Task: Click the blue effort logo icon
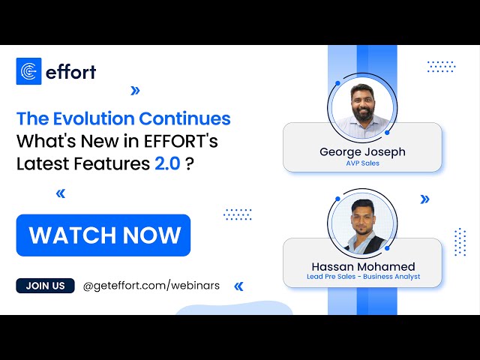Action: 29,71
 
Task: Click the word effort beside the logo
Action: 70,72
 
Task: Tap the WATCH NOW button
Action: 103,235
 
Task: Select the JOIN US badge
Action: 45,286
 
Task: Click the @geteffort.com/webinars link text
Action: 151,286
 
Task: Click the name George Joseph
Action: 362,151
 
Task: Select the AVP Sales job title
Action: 362,163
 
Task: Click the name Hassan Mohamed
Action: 363,266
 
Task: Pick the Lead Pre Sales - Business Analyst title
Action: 363,277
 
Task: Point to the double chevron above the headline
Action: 135,91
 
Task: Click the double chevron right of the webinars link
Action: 239,286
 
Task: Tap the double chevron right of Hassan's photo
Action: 425,199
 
